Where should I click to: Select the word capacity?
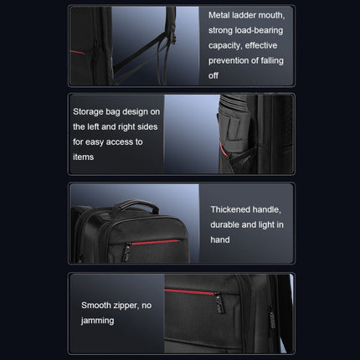coord(224,46)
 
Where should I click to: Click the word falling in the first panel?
coord(272,60)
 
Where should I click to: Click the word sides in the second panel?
coord(147,126)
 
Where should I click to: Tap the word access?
coord(120,142)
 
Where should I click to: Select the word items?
coord(83,157)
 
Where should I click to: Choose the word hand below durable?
coord(220,239)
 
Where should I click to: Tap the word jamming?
coord(97,321)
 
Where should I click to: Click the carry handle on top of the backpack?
coord(136,204)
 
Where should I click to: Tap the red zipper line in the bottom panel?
coord(189,292)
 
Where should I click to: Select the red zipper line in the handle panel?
coord(156,242)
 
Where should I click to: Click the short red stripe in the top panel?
coord(77,52)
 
